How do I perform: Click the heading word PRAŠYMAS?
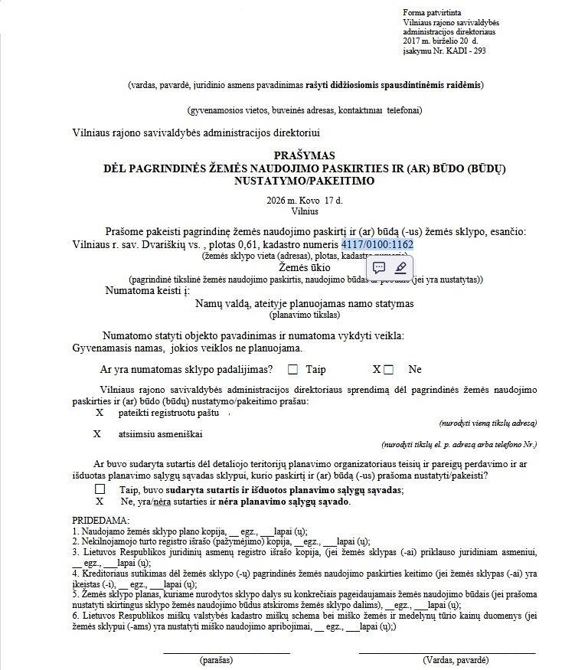click(x=283, y=155)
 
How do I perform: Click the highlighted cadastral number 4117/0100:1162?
click(x=377, y=244)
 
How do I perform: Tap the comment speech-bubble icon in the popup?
click(x=378, y=267)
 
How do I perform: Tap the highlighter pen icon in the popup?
click(x=400, y=267)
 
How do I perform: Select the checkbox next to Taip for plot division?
click(x=292, y=370)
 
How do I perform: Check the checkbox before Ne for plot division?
click(x=389, y=370)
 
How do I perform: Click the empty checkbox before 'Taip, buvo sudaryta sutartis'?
click(x=100, y=489)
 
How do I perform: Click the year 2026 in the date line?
click(x=275, y=201)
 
